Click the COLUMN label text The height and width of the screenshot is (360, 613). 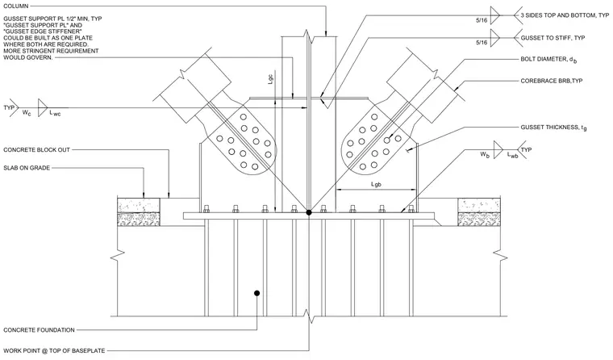(x=16, y=6)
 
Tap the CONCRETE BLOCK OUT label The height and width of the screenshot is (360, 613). (x=37, y=149)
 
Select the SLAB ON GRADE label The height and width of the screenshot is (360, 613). (x=27, y=168)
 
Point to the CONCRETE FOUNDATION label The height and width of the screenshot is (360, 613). (x=39, y=330)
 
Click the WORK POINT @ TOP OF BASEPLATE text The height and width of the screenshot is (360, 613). (x=54, y=350)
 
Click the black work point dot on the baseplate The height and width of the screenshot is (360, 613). (x=309, y=212)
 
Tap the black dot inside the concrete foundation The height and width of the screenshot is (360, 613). (x=256, y=293)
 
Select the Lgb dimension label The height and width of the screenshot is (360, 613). (x=376, y=184)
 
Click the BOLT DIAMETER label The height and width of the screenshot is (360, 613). (x=549, y=60)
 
